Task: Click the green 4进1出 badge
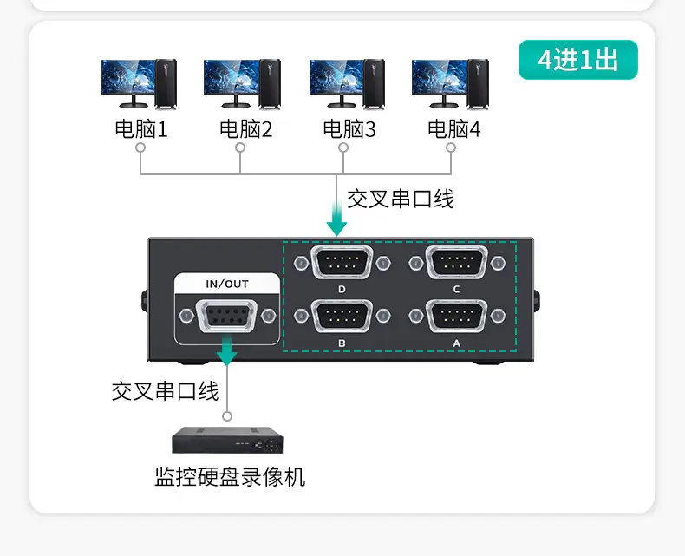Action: [x=578, y=60]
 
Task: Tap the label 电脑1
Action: [x=141, y=129]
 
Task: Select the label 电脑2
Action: [x=245, y=129]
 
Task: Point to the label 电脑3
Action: [x=349, y=129]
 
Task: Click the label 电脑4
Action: [x=453, y=129]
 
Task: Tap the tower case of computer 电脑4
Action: [x=478, y=84]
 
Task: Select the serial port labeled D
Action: [x=342, y=262]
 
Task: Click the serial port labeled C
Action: [x=456, y=262]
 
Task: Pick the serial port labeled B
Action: [x=342, y=316]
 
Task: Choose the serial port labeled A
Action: [x=456, y=316]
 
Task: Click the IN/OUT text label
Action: [x=227, y=285]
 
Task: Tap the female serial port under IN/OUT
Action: [x=227, y=316]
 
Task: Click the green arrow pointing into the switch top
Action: [x=336, y=219]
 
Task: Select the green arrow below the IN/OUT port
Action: [x=227, y=350]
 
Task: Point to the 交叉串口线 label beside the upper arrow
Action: [x=401, y=199]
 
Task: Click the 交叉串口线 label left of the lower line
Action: [x=165, y=391]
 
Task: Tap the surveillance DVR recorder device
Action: [x=227, y=440]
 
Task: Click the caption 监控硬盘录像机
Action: [x=230, y=477]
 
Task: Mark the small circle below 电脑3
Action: [x=343, y=147]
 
